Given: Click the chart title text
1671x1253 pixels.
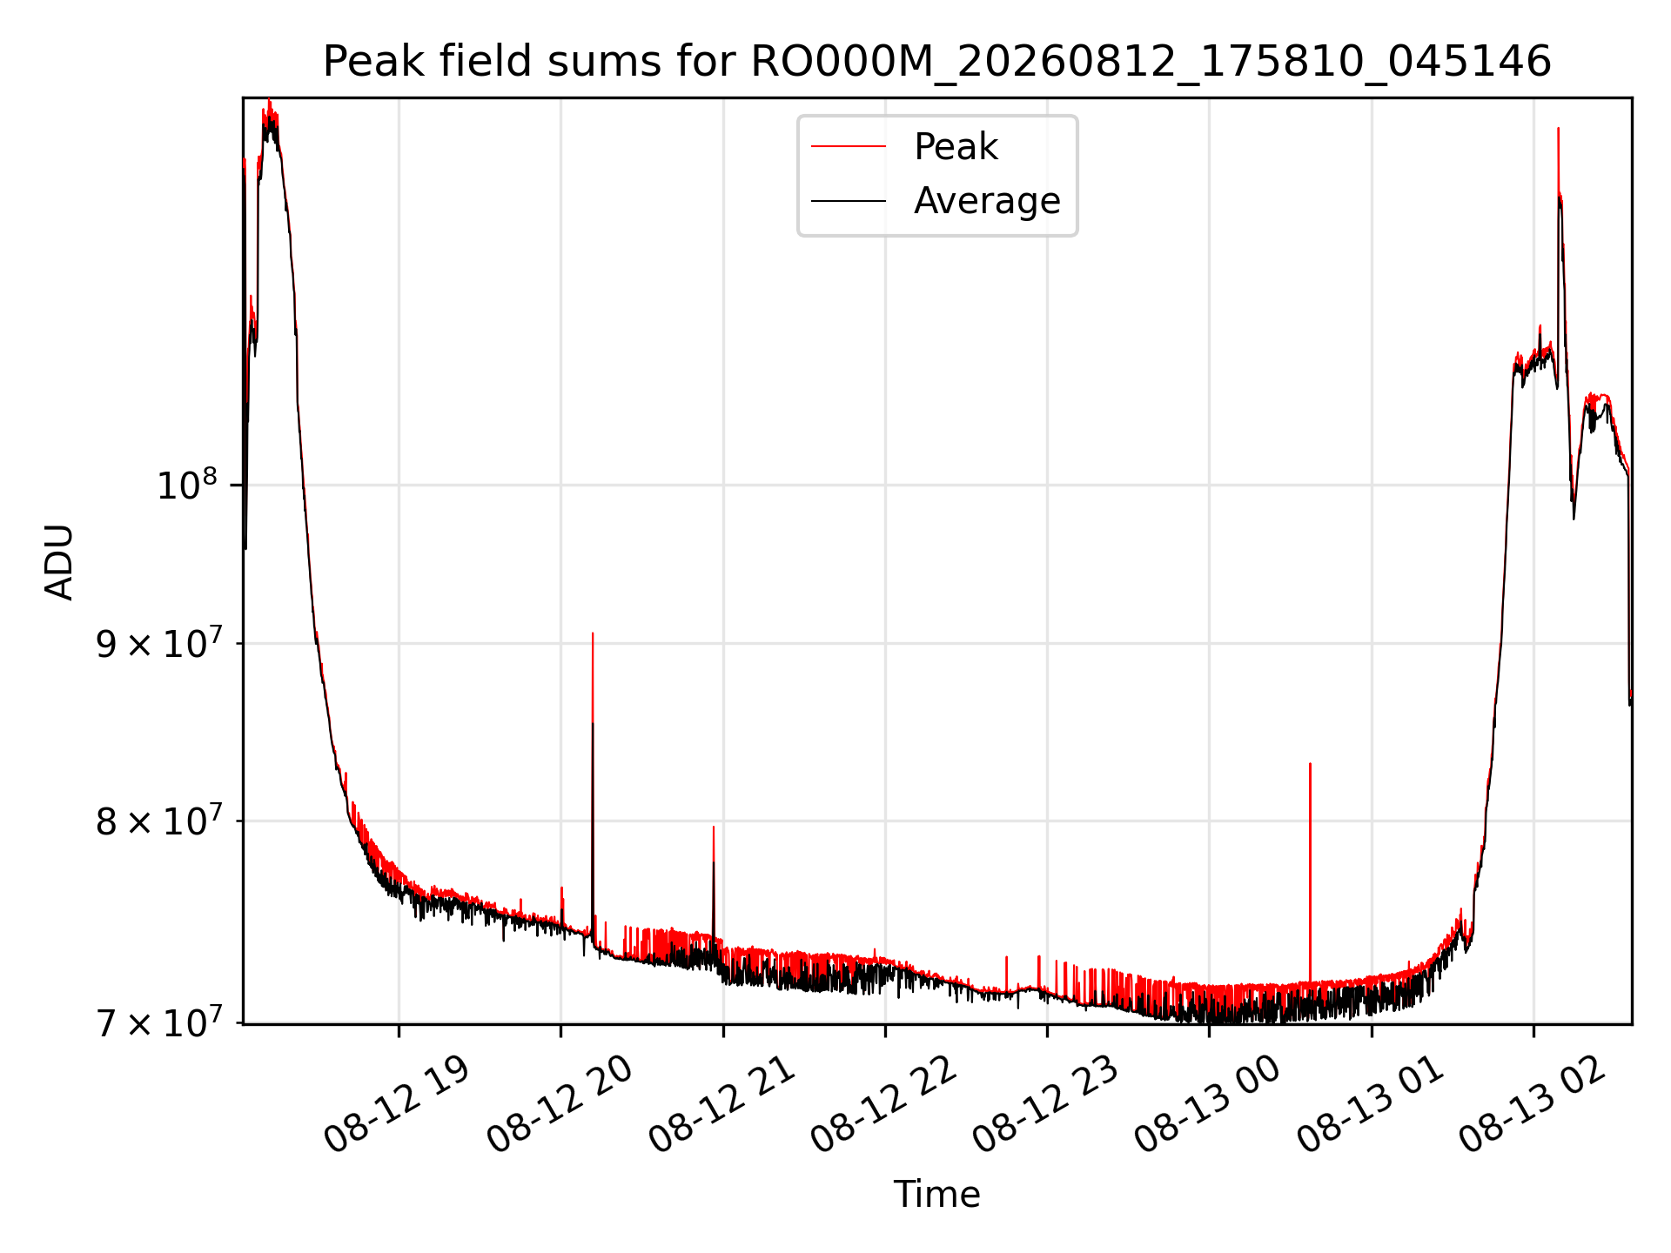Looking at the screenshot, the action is pyautogui.click(x=936, y=62).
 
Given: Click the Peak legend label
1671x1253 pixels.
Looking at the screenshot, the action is pyautogui.click(x=956, y=147).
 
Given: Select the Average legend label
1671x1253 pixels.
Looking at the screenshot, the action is pyautogui.click(x=987, y=201).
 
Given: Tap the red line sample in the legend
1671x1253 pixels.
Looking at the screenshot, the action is pyautogui.click(x=849, y=147).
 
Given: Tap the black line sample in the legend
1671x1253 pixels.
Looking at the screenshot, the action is pyautogui.click(x=849, y=201).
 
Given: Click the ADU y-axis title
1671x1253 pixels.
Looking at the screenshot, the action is pyautogui.click(x=59, y=561).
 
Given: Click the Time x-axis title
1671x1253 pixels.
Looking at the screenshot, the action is pyautogui.click(x=936, y=1195).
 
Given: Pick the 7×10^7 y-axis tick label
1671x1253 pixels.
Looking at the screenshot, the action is pyautogui.click(x=160, y=1022).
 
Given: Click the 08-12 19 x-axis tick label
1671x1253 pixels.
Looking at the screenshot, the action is pyautogui.click(x=396, y=1105).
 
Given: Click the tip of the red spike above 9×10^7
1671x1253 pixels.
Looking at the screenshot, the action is pyautogui.click(x=593, y=633).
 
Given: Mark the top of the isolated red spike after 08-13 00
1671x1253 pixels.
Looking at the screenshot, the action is pyautogui.click(x=1310, y=764).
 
